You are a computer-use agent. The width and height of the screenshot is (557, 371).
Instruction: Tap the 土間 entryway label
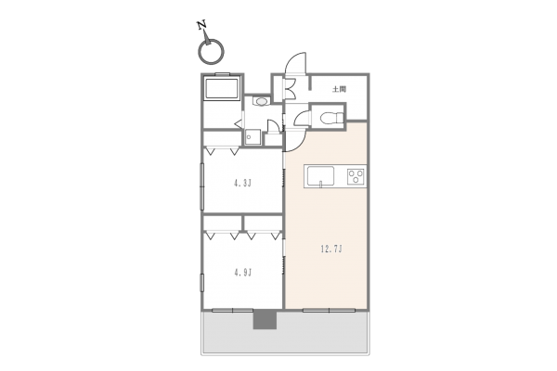[x=339, y=89]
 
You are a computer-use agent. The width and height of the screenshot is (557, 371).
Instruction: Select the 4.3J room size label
[x=242, y=184]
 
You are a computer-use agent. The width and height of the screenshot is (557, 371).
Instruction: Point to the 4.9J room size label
[x=242, y=272]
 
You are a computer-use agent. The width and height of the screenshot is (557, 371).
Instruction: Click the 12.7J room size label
[x=331, y=249]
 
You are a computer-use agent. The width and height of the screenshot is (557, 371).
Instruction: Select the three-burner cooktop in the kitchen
[x=356, y=175]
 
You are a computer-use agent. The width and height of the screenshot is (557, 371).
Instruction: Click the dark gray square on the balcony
[x=266, y=320]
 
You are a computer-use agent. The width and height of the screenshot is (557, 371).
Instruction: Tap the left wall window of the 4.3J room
[x=202, y=185]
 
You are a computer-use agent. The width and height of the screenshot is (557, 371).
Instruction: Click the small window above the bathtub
[x=223, y=72]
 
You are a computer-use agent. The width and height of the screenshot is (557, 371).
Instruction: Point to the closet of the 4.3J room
[x=241, y=148]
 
